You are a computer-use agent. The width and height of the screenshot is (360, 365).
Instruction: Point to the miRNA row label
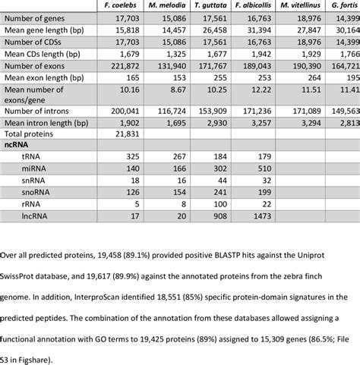(x=33, y=167)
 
